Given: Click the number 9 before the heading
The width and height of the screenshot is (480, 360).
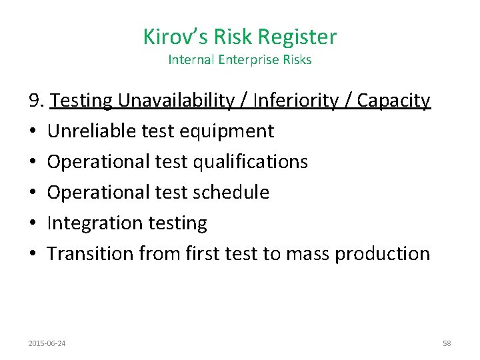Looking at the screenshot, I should pos(35,101).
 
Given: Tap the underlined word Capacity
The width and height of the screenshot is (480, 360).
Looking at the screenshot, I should pos(393,101).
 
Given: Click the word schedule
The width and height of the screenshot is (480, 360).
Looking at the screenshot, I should pos(230,193).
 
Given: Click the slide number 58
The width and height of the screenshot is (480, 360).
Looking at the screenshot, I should pos(447,343).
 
